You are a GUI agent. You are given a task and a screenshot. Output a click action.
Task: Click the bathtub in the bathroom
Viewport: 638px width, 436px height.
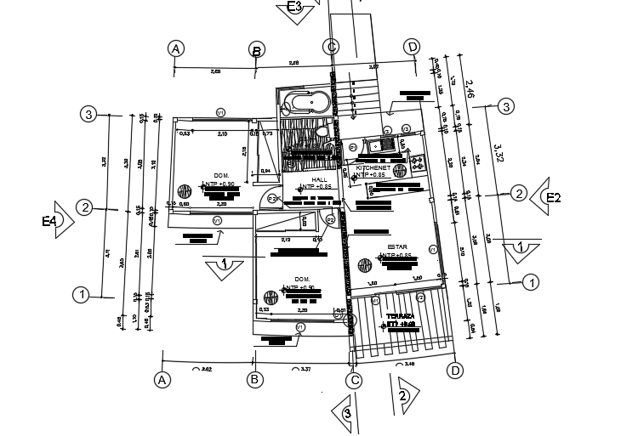[307, 103]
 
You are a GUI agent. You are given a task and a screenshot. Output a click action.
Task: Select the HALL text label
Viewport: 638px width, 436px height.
[319, 180]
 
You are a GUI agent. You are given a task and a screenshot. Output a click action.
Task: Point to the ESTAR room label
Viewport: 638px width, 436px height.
[397, 247]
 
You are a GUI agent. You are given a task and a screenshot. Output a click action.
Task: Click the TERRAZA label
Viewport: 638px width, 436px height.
[399, 315]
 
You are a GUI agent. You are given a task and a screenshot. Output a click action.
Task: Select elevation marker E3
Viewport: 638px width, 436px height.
[295, 8]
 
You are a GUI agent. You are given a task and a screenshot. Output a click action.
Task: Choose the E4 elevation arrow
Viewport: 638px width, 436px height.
[58, 221]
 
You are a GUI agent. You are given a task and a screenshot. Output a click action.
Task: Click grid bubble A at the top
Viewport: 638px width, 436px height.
[176, 49]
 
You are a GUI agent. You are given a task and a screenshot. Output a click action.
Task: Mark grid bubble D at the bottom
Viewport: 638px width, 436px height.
[455, 371]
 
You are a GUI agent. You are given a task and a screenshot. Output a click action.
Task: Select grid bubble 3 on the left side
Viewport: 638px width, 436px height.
[88, 114]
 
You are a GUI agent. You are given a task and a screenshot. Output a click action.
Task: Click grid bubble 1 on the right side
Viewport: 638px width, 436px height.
[532, 281]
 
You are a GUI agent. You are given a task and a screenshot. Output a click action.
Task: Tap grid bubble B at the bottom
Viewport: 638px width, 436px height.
[254, 380]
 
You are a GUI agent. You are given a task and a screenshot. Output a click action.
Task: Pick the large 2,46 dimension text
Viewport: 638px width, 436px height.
[470, 84]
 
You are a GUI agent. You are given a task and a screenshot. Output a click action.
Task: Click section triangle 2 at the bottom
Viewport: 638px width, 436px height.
[403, 394]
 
